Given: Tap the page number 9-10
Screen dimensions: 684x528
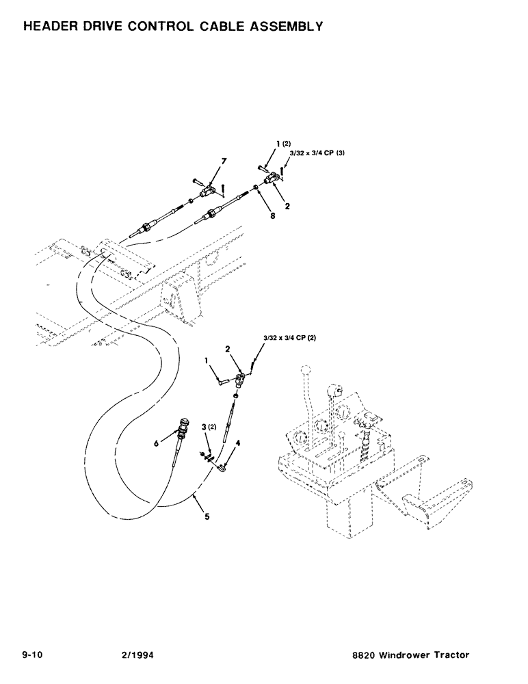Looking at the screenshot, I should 33,655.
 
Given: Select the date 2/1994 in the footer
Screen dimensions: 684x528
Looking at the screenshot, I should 135,655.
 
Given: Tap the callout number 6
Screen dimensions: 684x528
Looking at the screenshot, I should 157,444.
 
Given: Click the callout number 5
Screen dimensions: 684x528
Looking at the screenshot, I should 207,518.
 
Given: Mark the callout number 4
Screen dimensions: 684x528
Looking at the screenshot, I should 238,443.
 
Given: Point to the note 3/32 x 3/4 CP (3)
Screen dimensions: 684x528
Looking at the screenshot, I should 317,153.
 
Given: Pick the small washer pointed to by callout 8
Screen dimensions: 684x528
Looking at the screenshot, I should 254,187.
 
